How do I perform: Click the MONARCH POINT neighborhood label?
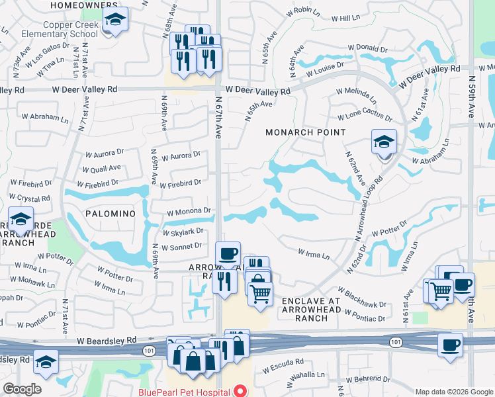point(306,132)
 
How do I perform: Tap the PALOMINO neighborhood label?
point(110,214)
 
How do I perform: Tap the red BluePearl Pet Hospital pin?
point(241,391)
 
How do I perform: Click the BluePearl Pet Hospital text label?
point(187,392)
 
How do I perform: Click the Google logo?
point(22,389)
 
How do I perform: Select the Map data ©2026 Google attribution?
point(454,392)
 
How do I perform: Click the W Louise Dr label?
point(325,68)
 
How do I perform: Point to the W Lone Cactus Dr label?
point(364,116)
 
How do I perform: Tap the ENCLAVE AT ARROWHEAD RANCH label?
point(310,310)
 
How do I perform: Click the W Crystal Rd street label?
point(30,198)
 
